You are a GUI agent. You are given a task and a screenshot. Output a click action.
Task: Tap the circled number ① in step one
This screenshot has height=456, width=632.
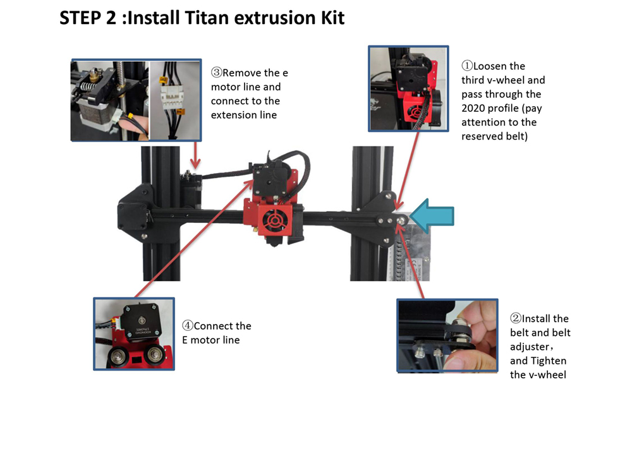467,66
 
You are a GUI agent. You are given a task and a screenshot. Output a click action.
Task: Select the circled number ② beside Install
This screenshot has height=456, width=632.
516,319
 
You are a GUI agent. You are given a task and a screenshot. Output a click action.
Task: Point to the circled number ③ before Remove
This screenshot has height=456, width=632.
217,73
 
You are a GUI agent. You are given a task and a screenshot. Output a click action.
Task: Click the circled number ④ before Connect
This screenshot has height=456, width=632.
188,327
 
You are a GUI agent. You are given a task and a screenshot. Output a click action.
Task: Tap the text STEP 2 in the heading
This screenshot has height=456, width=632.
87,18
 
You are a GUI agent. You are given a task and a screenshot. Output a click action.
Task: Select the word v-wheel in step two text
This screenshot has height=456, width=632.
547,375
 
